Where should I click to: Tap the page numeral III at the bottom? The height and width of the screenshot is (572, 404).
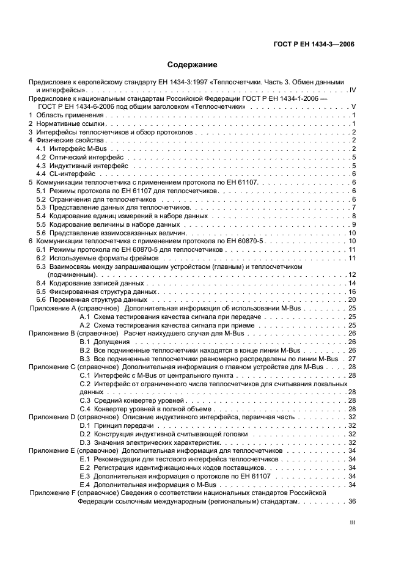click(352, 523)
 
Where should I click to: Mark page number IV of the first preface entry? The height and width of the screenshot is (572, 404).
click(351, 90)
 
